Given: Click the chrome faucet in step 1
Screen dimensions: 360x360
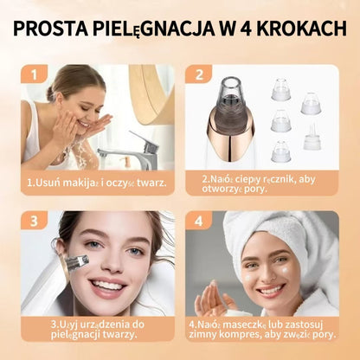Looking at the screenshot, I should pyautogui.click(x=138, y=151).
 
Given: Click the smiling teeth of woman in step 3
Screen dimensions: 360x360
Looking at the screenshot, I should pyautogui.click(x=106, y=285).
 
